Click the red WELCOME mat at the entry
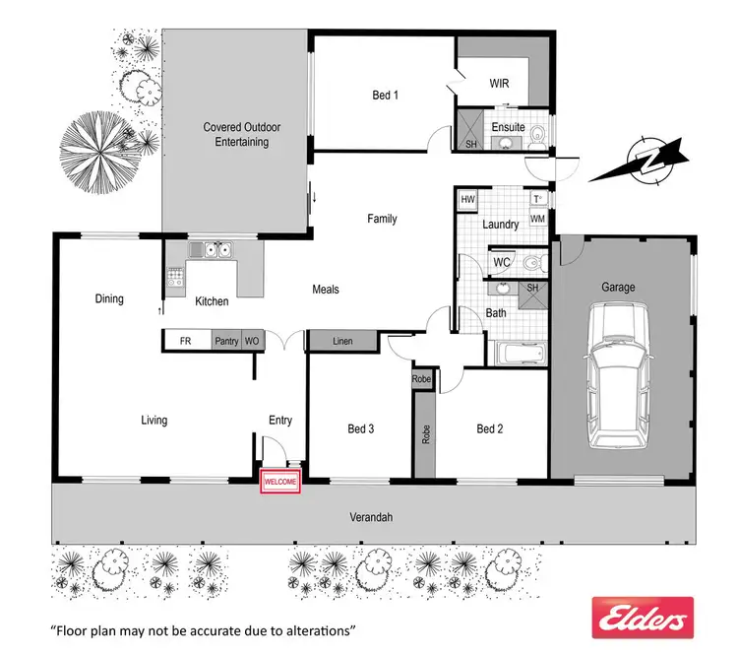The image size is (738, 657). pos(279,483)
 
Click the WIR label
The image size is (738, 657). pos(500,84)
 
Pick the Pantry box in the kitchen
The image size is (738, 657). pos(226,340)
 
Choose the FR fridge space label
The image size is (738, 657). pos(185,340)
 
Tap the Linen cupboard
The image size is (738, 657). pos(342,341)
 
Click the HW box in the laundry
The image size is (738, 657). pos(467,199)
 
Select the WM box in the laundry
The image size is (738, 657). pos(537,218)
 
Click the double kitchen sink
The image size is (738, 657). pos(217,250)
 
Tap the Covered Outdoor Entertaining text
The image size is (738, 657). pos(235,134)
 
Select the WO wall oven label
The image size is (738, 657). pos(252,340)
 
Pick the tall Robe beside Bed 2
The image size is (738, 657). pos(426,434)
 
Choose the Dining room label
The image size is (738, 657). pos(109,298)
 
